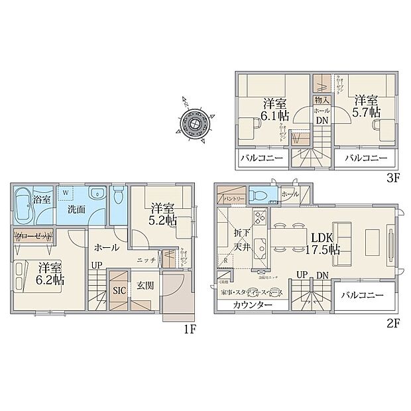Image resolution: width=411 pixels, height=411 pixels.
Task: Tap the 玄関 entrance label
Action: point(146,286)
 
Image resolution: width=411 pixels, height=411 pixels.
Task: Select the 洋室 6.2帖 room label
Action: point(50,274)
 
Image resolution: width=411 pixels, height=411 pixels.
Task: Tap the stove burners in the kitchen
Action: point(259,216)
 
